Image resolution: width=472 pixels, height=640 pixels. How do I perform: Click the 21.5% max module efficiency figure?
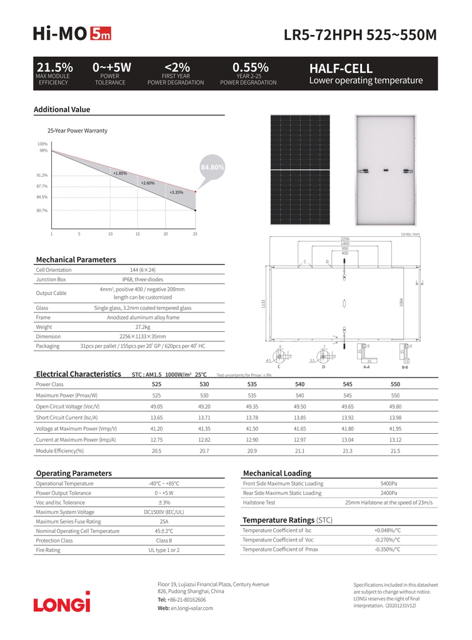(54, 67)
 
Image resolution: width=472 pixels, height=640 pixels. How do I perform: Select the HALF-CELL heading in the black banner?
(341, 69)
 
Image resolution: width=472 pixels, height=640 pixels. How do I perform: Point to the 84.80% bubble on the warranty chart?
(212, 167)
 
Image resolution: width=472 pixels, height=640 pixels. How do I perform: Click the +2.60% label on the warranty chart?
(148, 182)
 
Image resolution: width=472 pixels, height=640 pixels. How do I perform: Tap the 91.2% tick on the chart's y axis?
(42, 175)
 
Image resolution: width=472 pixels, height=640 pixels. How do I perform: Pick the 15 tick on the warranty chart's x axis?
(138, 234)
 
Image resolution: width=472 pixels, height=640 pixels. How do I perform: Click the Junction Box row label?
(51, 279)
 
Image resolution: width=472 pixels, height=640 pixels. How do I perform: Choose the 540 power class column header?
(299, 384)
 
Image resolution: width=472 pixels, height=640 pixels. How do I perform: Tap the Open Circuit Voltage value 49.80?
(395, 406)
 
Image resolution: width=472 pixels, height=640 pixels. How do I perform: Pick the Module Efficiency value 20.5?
(156, 451)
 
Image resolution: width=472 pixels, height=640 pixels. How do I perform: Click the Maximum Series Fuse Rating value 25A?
(164, 521)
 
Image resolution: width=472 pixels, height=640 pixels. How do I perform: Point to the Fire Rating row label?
(48, 550)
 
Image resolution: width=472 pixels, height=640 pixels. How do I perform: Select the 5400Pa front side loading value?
(389, 484)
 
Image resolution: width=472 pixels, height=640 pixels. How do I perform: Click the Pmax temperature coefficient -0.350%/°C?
(387, 549)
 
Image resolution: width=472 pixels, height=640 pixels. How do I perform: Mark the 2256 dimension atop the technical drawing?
(344, 239)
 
